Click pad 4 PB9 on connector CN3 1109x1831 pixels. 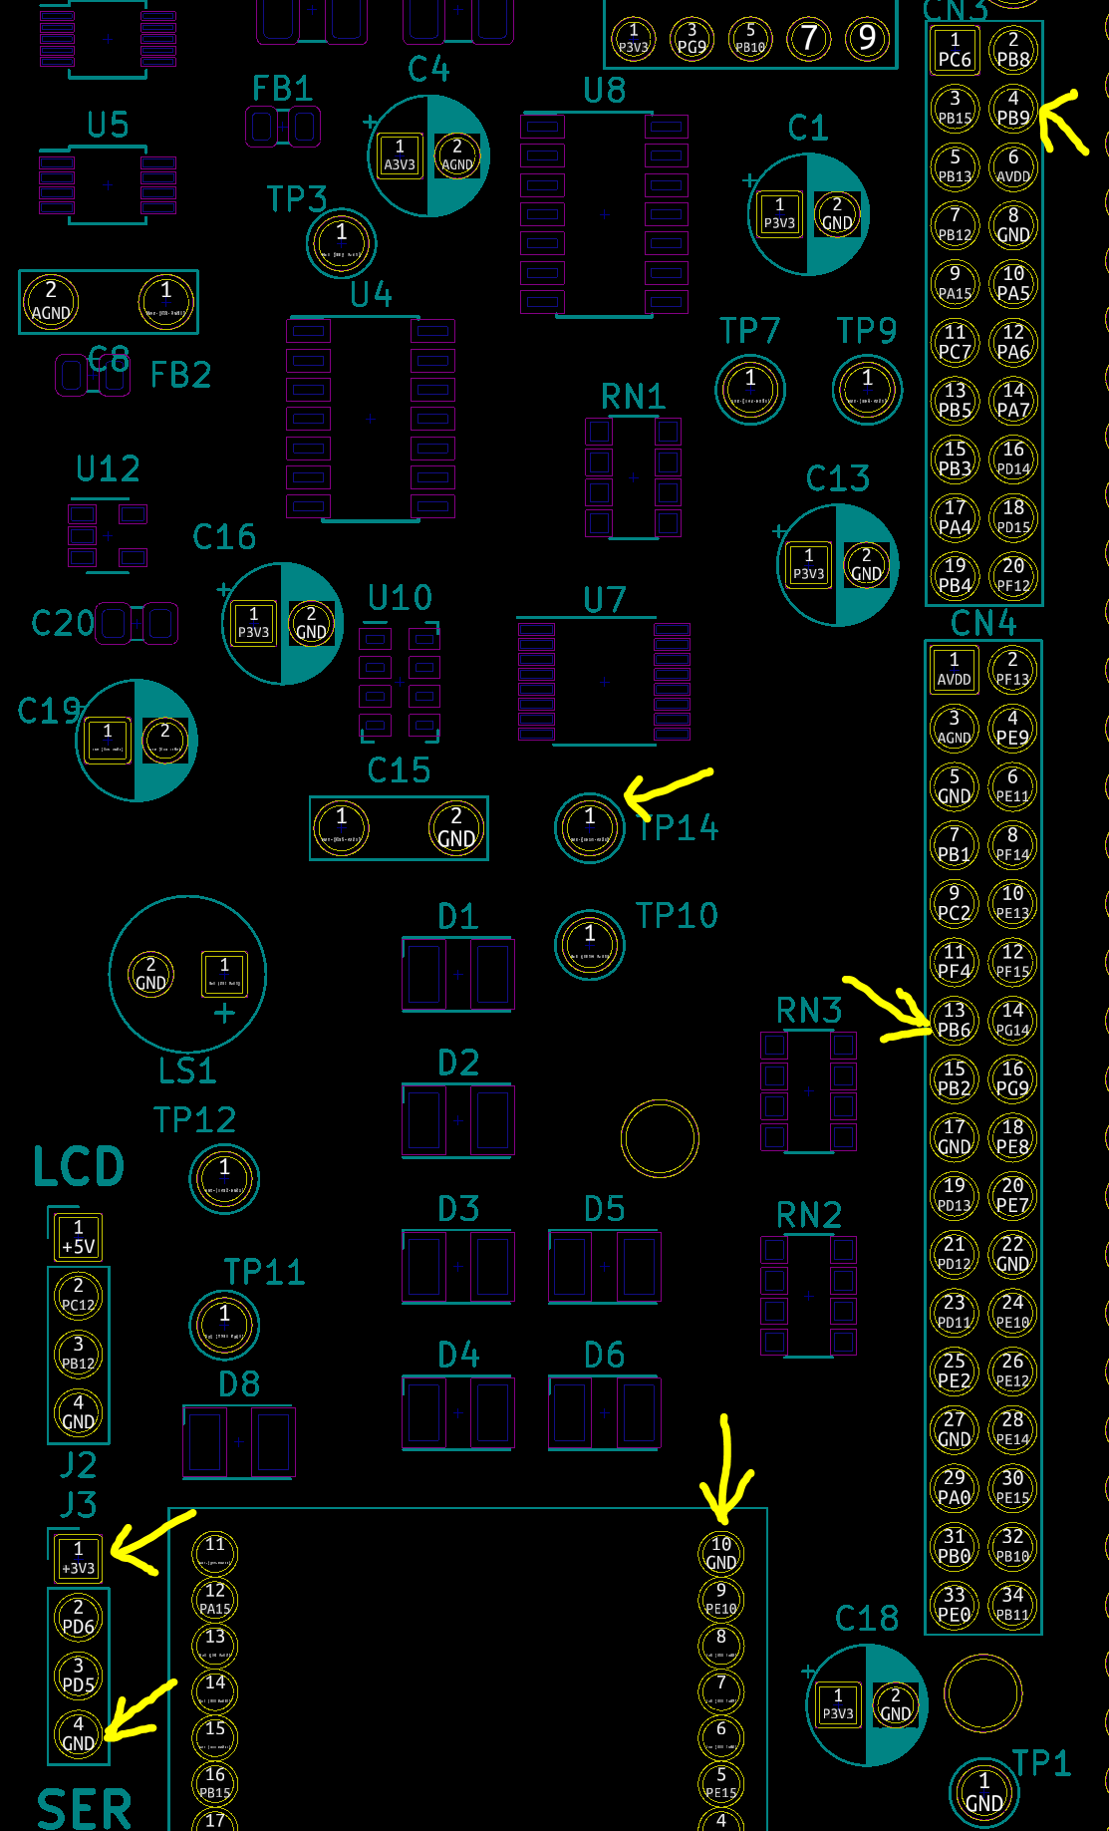pyautogui.click(x=1013, y=108)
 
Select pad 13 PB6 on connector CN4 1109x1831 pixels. pyautogui.click(x=954, y=1020)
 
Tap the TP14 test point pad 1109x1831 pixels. pyautogui.click(x=589, y=826)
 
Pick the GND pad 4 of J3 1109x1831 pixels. pyautogui.click(x=78, y=1733)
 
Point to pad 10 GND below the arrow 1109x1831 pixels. pyautogui.click(x=721, y=1553)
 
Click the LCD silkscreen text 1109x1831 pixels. pyautogui.click(x=79, y=1166)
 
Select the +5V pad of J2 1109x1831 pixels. pyautogui.click(x=78, y=1237)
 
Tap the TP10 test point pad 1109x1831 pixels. pyautogui.click(x=589, y=943)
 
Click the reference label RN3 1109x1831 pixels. pyautogui.click(x=809, y=1011)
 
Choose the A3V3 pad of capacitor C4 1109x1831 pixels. pyautogui.click(x=400, y=155)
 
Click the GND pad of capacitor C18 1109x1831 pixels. pyautogui.click(x=895, y=1704)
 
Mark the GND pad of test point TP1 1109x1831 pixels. pyautogui.click(x=983, y=1792)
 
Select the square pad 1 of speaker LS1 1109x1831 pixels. pyautogui.click(x=224, y=974)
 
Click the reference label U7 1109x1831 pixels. pyautogui.click(x=605, y=600)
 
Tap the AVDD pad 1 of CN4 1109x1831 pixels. pyautogui.click(x=954, y=669)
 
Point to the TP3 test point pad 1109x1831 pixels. pyautogui.click(x=341, y=242)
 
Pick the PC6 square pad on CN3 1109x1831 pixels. pyautogui.click(x=954, y=50)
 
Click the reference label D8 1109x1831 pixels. pyautogui.click(x=239, y=1383)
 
